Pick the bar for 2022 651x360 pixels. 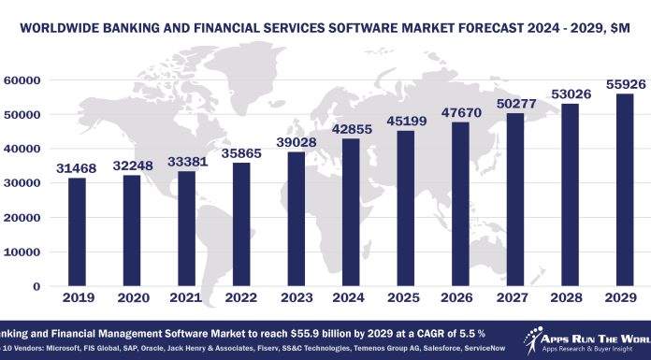coord(236,224)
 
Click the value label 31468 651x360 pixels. coord(77,168)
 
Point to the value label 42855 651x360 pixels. coord(341,130)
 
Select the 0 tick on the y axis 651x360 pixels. coord(41,286)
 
